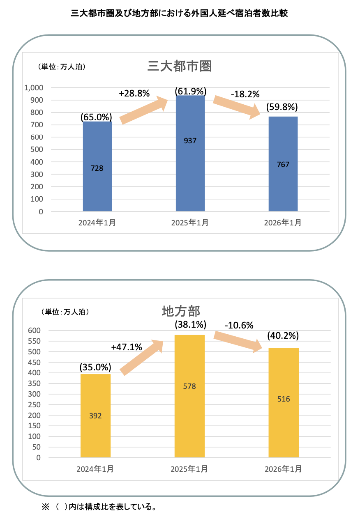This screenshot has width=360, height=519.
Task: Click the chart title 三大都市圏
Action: click(180, 67)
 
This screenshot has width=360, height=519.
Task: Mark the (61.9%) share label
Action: click(190, 91)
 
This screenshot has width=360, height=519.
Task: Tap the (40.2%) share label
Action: click(283, 335)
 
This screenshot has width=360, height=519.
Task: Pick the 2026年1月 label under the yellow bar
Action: click(283, 468)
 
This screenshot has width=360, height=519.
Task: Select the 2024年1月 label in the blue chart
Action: click(97, 223)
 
